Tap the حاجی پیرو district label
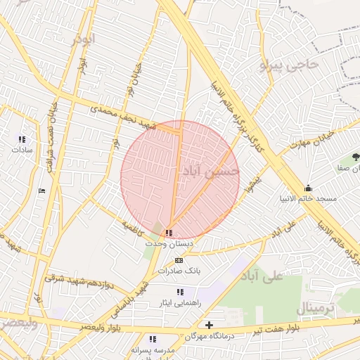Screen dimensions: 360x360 click(x=288, y=65)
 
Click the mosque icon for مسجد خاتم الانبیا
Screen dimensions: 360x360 click(x=308, y=188)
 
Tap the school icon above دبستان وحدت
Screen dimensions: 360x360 click(x=168, y=232)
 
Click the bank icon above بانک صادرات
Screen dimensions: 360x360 click(x=179, y=260)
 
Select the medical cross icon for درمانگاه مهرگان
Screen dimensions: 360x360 click(x=209, y=325)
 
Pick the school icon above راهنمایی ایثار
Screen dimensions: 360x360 click(x=181, y=291)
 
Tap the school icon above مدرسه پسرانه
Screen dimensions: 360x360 click(x=153, y=339)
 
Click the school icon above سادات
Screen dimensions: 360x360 click(x=21, y=139)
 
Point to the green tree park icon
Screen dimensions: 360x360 click(x=354, y=156)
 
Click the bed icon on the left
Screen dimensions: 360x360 click(x=41, y=191)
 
